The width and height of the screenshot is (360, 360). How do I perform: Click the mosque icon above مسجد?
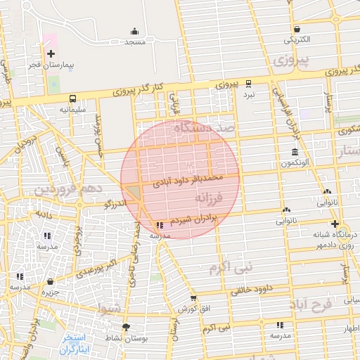pyautogui.click(x=134, y=32)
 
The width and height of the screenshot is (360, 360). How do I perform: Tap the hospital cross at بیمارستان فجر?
pyautogui.click(x=51, y=53)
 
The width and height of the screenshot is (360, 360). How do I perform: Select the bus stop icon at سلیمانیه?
pyautogui.click(x=73, y=98)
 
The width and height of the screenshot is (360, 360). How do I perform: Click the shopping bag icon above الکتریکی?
pyautogui.click(x=297, y=29)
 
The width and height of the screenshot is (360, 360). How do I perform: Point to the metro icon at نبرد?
pyautogui.click(x=249, y=82)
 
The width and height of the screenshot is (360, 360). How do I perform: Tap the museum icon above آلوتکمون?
pyautogui.click(x=293, y=153)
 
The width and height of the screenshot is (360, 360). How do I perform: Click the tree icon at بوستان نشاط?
pyautogui.click(x=126, y=327)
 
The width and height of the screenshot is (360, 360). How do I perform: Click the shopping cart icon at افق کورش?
pyautogui.click(x=193, y=298)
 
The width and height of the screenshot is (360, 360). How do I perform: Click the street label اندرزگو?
pyautogui.click(x=115, y=202)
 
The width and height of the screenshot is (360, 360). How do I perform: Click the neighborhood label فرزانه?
pyautogui.click(x=224, y=200)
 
